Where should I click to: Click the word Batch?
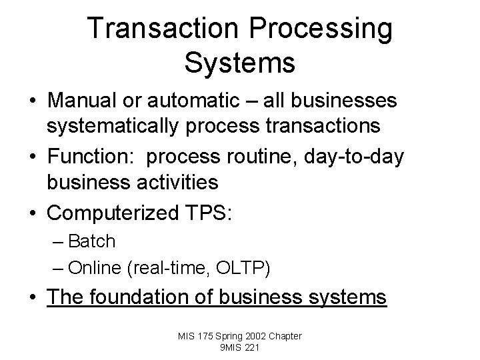(91, 241)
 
